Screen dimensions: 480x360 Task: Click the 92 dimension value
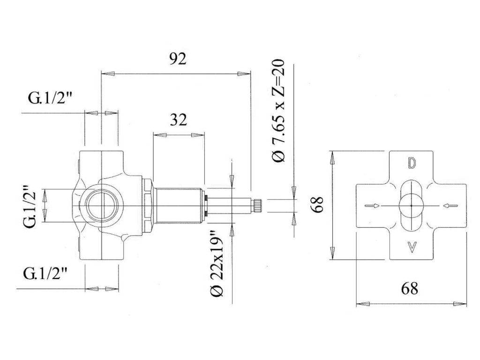click(x=178, y=59)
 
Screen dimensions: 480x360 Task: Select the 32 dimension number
click(x=179, y=120)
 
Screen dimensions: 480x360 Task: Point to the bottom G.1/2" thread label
click(x=45, y=273)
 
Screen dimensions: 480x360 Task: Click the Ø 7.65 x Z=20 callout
click(x=278, y=110)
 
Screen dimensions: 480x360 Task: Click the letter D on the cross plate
click(x=412, y=164)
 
